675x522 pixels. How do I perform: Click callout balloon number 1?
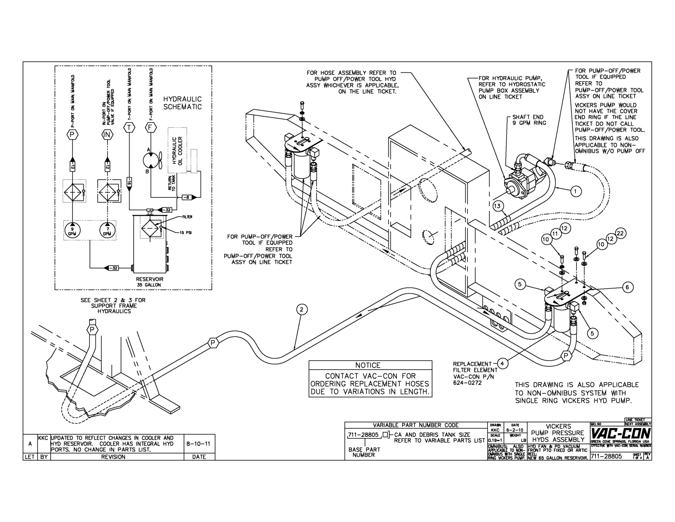coord(576,190)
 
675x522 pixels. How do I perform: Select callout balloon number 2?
coord(301,310)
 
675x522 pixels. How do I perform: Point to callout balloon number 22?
coord(620,233)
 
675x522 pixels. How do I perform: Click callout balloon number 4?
coord(503,363)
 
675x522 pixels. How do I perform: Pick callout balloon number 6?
coord(627,287)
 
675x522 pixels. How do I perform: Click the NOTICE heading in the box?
coord(368,365)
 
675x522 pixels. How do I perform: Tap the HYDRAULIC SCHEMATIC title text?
coord(182,103)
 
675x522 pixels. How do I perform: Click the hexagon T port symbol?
coord(129,128)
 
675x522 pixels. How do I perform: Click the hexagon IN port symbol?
coord(107,135)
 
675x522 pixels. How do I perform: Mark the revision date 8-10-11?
coord(199,443)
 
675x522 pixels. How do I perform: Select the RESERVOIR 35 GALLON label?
coord(150,282)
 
